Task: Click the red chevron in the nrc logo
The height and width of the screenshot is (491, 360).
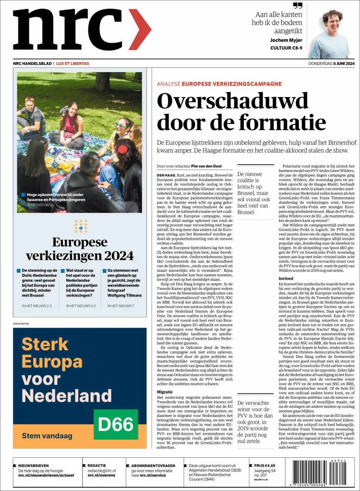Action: point(140,30)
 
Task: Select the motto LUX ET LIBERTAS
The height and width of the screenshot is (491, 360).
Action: point(72,64)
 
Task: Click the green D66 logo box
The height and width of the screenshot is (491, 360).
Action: point(116,424)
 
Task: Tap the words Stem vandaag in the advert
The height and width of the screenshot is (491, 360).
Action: point(47,436)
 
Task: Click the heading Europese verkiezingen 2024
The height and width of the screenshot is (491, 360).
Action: point(79,248)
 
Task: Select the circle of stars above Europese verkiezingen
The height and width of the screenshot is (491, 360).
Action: point(80,226)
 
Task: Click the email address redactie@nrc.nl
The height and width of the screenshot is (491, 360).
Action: point(102,471)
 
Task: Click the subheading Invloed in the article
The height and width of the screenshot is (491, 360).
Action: point(287,278)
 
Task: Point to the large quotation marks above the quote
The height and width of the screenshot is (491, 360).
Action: point(298,6)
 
